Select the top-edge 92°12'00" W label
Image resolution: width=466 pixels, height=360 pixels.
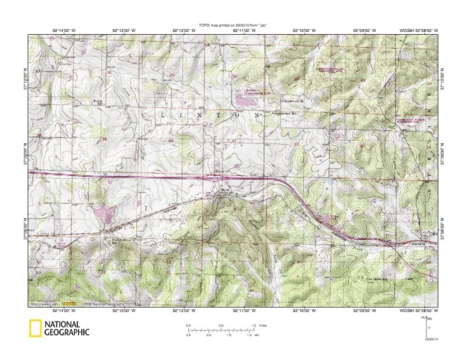184,29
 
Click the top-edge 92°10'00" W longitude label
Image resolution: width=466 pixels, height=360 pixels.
303,29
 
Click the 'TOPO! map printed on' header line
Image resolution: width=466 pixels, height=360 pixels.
233,24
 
